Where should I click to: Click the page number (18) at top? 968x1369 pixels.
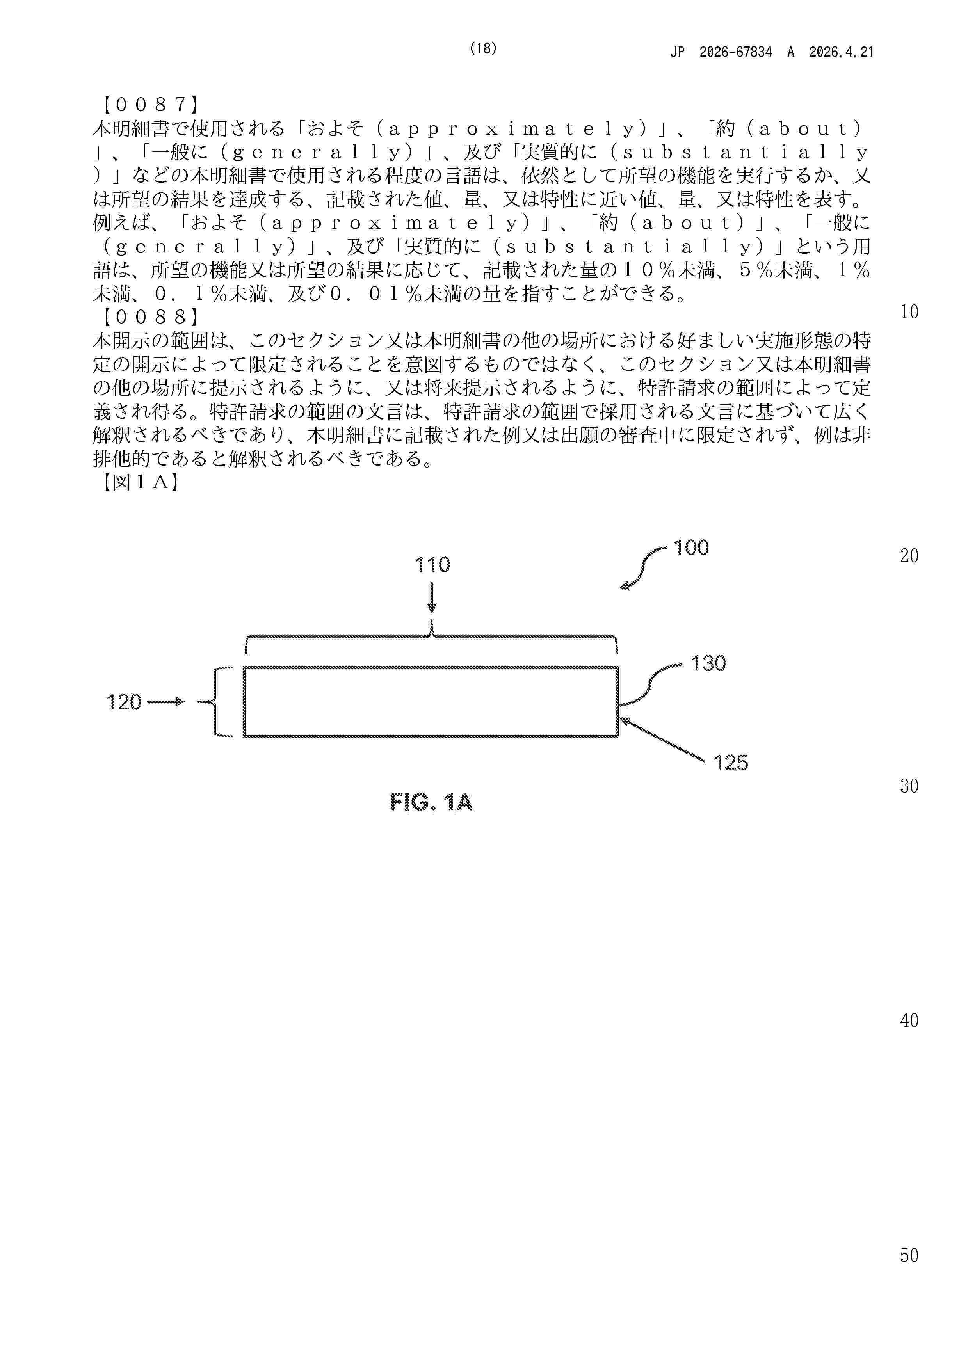pyautogui.click(x=483, y=49)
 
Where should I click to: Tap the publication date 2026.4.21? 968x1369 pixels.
pyautogui.click(x=841, y=52)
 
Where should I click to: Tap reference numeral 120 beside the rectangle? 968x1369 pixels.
pyautogui.click(x=123, y=702)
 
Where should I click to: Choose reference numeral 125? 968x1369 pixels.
pyautogui.click(x=731, y=763)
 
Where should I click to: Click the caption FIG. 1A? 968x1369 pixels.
pyautogui.click(x=431, y=803)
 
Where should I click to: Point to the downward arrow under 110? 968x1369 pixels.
pyautogui.click(x=431, y=598)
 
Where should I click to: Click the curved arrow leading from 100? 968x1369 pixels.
pyautogui.click(x=643, y=568)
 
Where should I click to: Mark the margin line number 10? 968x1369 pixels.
pyautogui.click(x=909, y=312)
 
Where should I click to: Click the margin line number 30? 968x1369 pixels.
pyautogui.click(x=909, y=786)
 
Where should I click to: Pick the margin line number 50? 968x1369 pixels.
pyautogui.click(x=909, y=1256)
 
